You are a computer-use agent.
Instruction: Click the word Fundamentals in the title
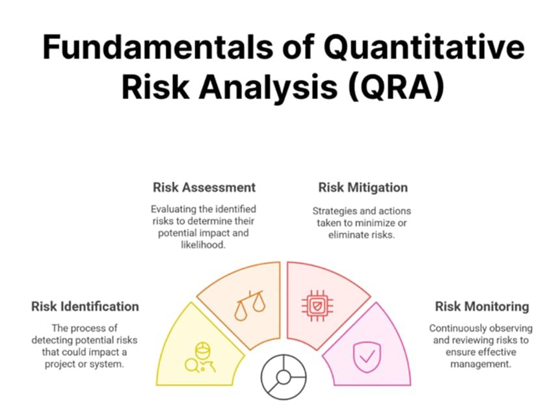158,47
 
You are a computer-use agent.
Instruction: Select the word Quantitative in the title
424,47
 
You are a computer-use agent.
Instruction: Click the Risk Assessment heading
204,187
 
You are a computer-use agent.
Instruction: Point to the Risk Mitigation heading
363,187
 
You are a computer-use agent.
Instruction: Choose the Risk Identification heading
85,306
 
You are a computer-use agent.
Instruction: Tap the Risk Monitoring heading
482,306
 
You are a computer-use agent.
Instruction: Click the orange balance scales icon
250,305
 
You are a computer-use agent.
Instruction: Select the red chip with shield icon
317,306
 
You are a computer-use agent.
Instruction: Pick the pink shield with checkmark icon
367,357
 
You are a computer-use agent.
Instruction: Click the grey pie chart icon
284,377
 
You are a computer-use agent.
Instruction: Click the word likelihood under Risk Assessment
203,244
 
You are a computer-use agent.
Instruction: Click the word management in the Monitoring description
481,364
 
